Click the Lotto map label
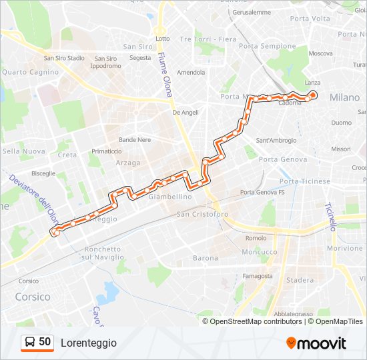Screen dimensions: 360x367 (x=163, y=39)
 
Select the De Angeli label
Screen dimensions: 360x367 (x=186, y=113)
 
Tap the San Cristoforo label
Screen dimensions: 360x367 (x=202, y=214)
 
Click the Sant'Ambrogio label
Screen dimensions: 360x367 (x=276, y=141)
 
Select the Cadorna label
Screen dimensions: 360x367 (x=290, y=103)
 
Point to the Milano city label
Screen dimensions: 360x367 (x=344, y=97)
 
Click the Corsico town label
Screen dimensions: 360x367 (x=33, y=297)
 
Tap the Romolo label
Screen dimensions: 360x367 (x=256, y=238)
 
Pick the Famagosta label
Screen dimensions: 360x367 (x=258, y=276)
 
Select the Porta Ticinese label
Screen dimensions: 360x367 (x=304, y=181)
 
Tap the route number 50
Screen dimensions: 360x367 (x=45, y=342)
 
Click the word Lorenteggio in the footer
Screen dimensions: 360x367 (x=89, y=343)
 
